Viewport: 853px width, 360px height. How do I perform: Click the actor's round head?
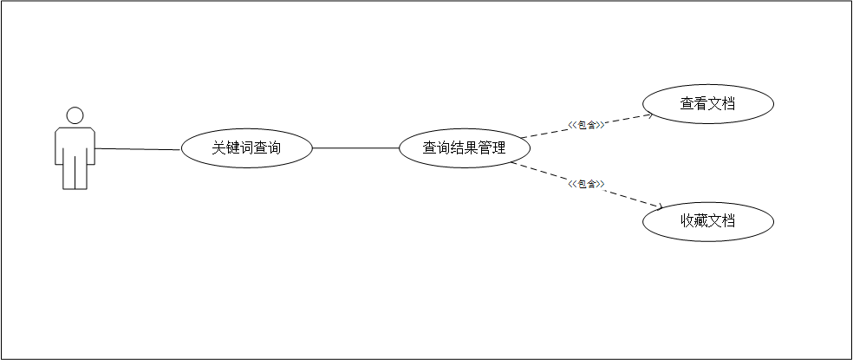(75, 115)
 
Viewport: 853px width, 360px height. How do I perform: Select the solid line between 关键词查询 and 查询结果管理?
(355, 148)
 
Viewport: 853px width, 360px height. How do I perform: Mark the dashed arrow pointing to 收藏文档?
(624, 197)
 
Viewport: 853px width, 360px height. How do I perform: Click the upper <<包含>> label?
(586, 125)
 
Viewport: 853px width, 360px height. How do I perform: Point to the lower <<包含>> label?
(586, 183)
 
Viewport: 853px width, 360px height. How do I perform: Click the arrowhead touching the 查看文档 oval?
(648, 114)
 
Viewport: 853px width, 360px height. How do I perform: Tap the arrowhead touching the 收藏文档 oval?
(658, 206)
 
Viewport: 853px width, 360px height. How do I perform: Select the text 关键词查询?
(246, 148)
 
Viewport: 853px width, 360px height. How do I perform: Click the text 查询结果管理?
(464, 148)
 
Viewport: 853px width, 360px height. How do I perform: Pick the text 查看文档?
(707, 103)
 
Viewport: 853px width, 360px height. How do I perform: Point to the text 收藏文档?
(707, 221)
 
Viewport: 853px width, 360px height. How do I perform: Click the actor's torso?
(75, 143)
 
